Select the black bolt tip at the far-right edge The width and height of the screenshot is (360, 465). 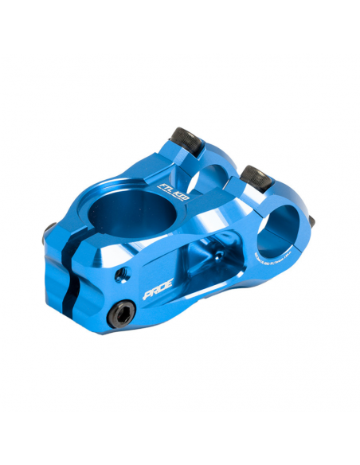coord(311,221)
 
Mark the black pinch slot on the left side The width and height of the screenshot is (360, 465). coord(70,263)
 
